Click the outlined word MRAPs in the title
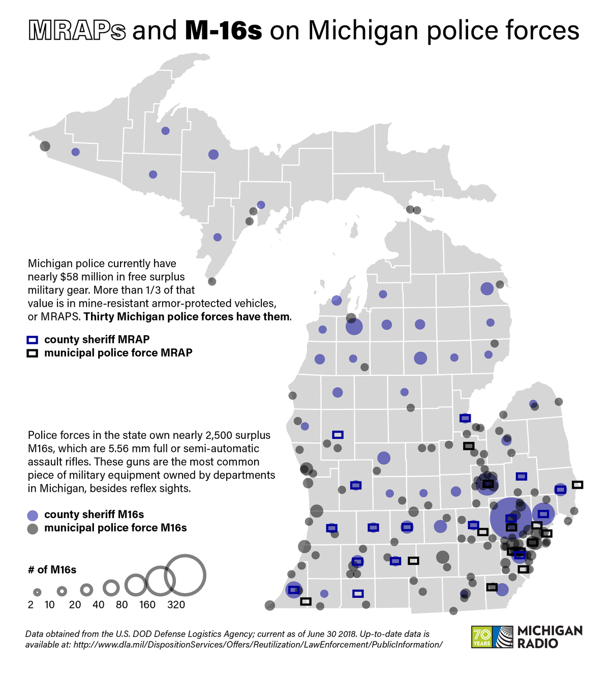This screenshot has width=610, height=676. point(77,31)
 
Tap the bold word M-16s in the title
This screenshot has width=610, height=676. point(223,31)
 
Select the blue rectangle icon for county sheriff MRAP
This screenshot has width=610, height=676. point(33,340)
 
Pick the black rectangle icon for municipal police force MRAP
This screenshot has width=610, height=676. point(33,353)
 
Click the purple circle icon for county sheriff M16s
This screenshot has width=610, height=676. point(33,514)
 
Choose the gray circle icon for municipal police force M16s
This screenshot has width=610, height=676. point(33,528)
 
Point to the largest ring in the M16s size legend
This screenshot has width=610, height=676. point(185,575)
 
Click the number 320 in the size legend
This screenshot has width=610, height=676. point(176,605)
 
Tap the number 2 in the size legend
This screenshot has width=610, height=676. point(31,605)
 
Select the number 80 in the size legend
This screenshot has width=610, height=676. point(121,605)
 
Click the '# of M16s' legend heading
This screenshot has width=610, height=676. point(52,570)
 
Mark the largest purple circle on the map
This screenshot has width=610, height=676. point(510,518)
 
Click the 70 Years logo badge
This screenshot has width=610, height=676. point(481,636)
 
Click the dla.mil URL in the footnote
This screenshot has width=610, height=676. point(258,645)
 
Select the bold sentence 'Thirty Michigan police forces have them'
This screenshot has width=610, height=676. point(188,317)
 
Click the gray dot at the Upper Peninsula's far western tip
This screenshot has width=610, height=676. point(45,146)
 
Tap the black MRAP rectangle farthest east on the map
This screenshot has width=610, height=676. point(577,485)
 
